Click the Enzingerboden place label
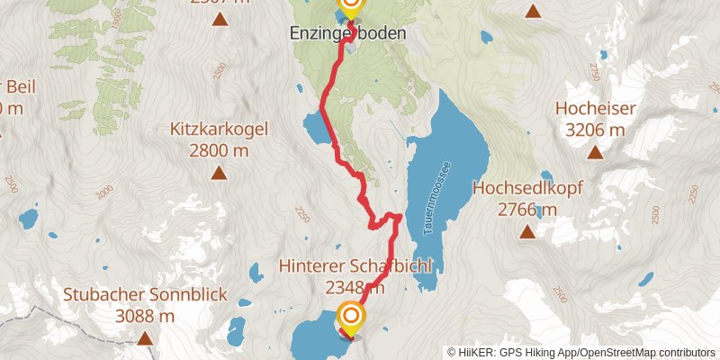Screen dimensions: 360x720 pyautogui.click(x=346, y=33)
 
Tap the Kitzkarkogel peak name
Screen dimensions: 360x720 pyautogui.click(x=220, y=130)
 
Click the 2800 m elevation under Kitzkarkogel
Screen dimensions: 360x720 pyautogui.click(x=220, y=149)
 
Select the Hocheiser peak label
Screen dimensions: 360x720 pyautogui.click(x=596, y=110)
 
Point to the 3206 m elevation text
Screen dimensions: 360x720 pyautogui.click(x=596, y=130)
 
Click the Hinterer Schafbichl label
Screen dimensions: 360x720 pyautogui.click(x=357, y=267)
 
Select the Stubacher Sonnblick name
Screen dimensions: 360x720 pyautogui.click(x=145, y=295)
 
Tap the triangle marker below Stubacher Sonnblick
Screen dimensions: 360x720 pyautogui.click(x=145, y=338)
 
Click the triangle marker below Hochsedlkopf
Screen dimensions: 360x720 pyautogui.click(x=526, y=232)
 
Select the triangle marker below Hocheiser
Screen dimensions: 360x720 pyautogui.click(x=595, y=152)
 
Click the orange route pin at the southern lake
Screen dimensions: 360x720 pyautogui.click(x=351, y=317)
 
